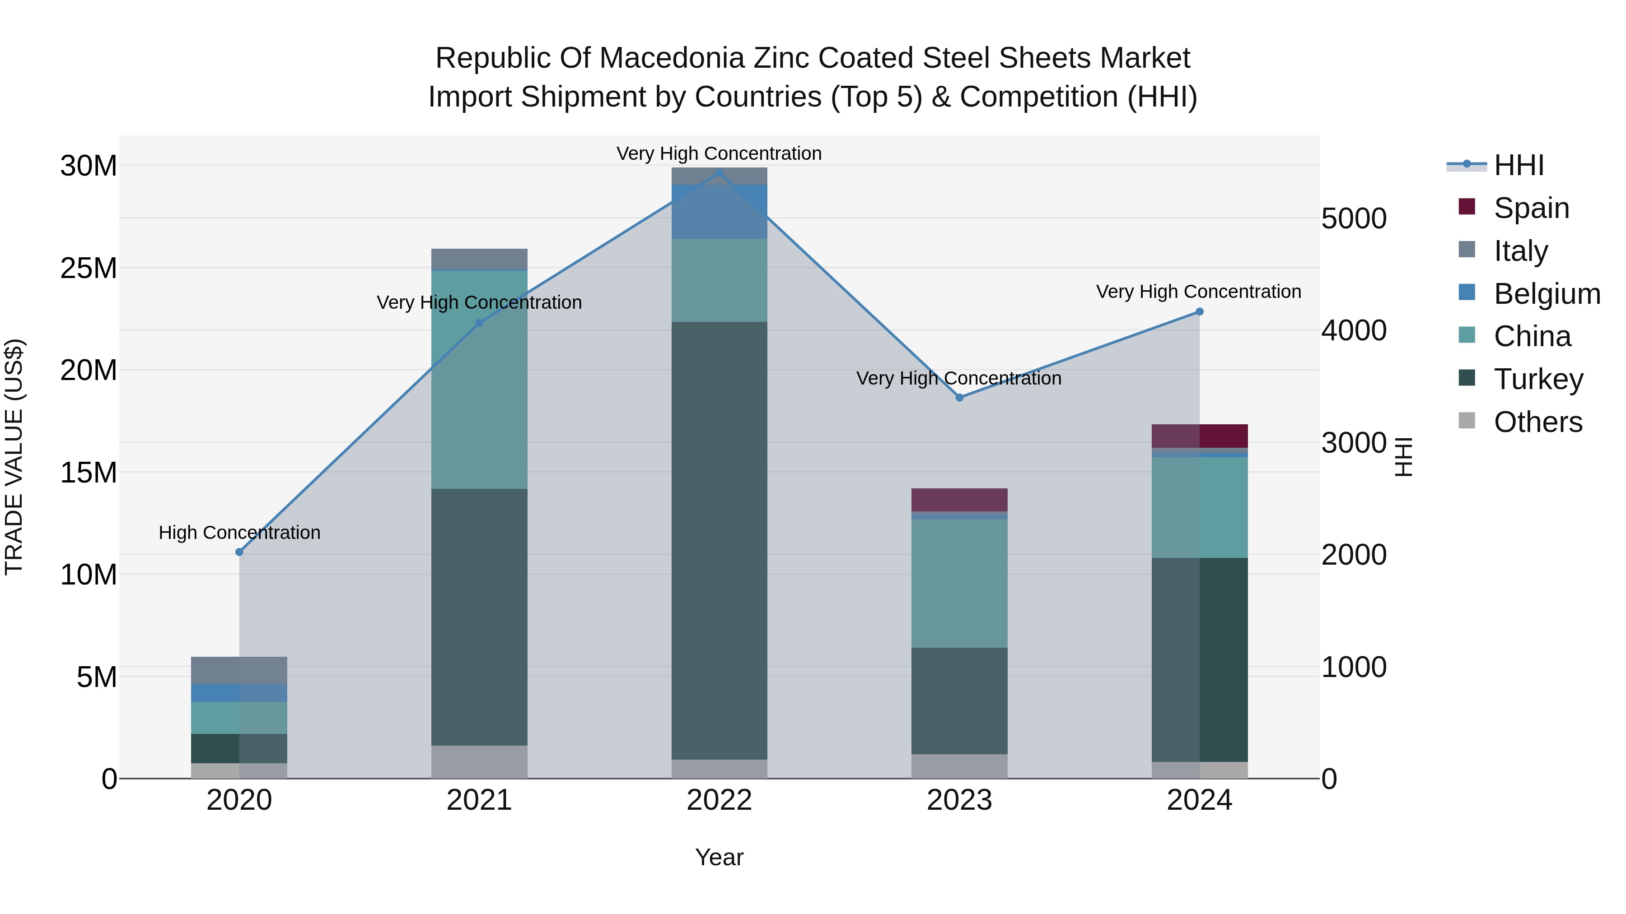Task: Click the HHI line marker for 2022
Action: [719, 172]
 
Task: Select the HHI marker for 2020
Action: [239, 552]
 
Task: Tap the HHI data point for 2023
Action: [959, 397]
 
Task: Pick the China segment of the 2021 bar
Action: [479, 379]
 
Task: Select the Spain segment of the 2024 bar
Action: [1199, 436]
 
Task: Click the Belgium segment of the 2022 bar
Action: [719, 211]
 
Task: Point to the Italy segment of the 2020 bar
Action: [239, 670]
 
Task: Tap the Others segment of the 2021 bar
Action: [479, 761]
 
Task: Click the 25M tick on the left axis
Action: [89, 268]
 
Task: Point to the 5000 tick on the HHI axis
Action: [1354, 218]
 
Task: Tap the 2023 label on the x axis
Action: [959, 800]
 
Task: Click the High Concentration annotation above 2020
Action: [239, 533]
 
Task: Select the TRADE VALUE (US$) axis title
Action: [14, 457]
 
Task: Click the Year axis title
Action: [719, 857]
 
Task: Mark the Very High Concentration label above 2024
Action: [1199, 292]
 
